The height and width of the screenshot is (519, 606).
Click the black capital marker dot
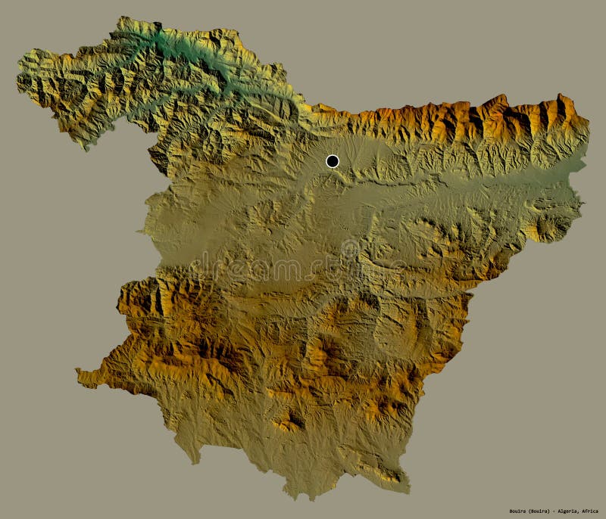coord(332,160)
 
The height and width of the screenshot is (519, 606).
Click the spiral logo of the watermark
coord(349,249)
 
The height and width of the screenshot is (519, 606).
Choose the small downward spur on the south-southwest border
coord(196,458)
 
